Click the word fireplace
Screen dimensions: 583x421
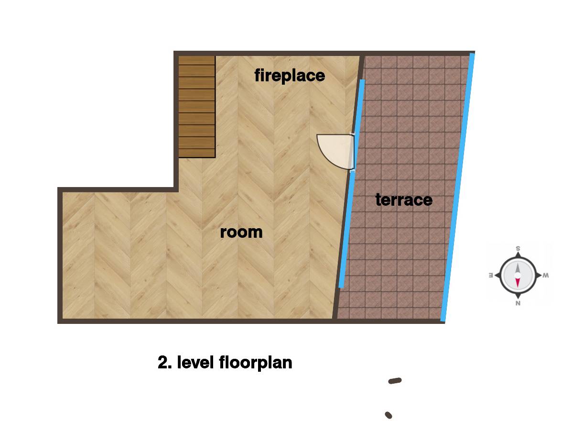pyautogui.click(x=290, y=76)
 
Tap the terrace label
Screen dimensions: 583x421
pyautogui.click(x=404, y=200)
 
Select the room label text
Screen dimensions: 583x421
pyautogui.click(x=241, y=233)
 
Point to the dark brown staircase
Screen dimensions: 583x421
pyautogui.click(x=197, y=107)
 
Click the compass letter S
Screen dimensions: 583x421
pyautogui.click(x=518, y=249)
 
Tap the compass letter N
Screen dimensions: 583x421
pyautogui.click(x=518, y=303)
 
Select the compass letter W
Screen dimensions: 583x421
pyautogui.click(x=546, y=276)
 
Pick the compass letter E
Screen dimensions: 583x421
pyautogui.click(x=491, y=276)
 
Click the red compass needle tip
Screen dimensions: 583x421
pyautogui.click(x=518, y=287)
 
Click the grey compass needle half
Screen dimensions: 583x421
pyautogui.click(x=518, y=268)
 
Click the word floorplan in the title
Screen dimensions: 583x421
pyautogui.click(x=256, y=363)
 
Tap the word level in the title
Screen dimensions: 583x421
pyautogui.click(x=195, y=362)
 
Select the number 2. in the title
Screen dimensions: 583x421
pyautogui.click(x=165, y=362)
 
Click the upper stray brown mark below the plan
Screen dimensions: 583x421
pyautogui.click(x=395, y=381)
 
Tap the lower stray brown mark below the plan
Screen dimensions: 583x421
pyautogui.click(x=389, y=415)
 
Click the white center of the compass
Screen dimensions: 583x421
pyautogui.click(x=518, y=276)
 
